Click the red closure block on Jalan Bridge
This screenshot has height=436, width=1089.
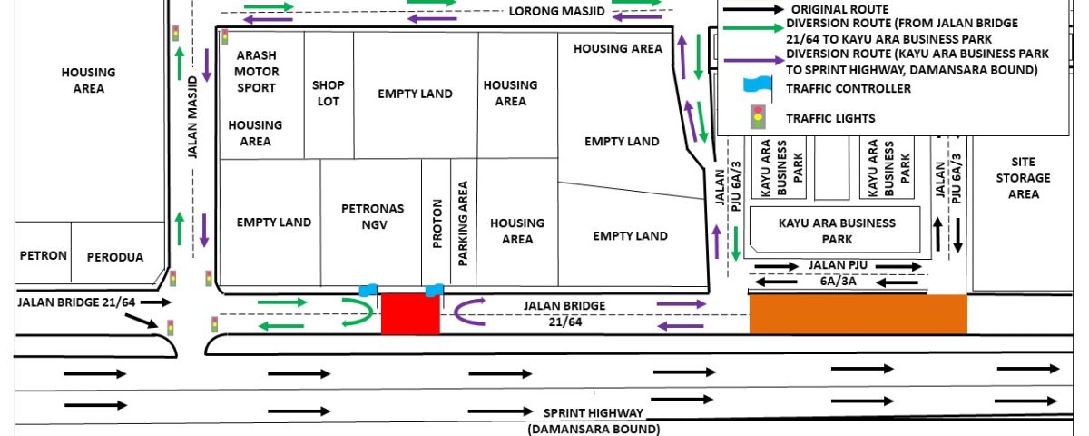click(410, 314)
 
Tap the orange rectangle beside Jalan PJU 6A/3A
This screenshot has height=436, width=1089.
click(858, 314)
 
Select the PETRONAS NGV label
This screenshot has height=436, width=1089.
click(373, 216)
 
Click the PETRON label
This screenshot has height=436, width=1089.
click(44, 255)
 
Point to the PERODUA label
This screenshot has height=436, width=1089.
click(115, 257)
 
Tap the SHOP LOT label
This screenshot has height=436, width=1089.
click(329, 93)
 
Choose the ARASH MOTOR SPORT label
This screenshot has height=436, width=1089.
click(256, 71)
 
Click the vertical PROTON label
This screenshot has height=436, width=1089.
click(437, 223)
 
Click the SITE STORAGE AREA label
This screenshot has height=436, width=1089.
click(1024, 178)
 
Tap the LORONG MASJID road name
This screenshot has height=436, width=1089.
click(556, 11)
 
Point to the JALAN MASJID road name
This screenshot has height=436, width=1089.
click(192, 117)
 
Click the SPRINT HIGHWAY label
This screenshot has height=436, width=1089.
click(594, 412)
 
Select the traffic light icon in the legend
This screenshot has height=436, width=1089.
click(758, 117)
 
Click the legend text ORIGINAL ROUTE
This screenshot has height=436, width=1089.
click(839, 9)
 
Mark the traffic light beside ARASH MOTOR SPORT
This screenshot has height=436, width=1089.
click(225, 36)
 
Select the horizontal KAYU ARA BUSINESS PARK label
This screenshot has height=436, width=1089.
click(837, 231)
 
